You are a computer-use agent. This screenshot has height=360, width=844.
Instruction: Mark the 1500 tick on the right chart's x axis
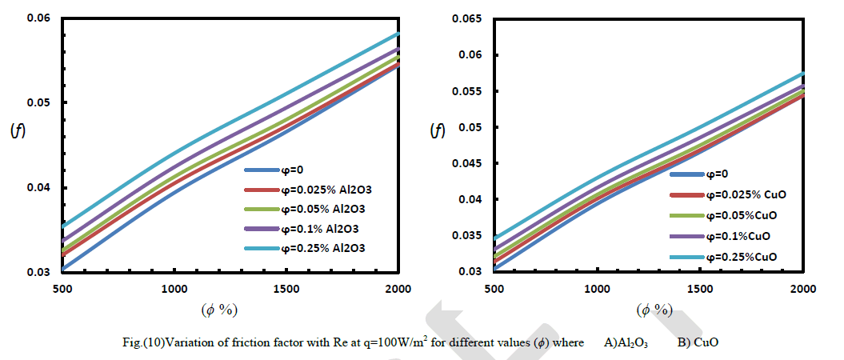pyautogui.click(x=700, y=288)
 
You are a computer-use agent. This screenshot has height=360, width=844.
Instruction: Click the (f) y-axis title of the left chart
pyautogui.click(x=17, y=131)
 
